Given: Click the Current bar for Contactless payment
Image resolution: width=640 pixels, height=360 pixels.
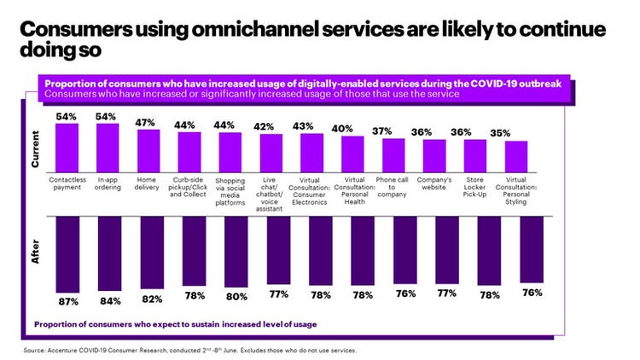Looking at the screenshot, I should pos(67,147).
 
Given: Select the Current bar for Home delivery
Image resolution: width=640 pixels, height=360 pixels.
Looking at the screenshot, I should pos(148,149).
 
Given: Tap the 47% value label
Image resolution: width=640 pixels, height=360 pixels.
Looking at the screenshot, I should pos(148,123).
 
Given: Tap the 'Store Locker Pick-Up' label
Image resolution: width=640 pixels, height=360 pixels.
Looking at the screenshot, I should pos(475,186).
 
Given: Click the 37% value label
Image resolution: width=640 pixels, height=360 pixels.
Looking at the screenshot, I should pos(393,131).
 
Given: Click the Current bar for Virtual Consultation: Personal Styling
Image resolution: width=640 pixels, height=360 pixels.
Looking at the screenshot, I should pos(516,155).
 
